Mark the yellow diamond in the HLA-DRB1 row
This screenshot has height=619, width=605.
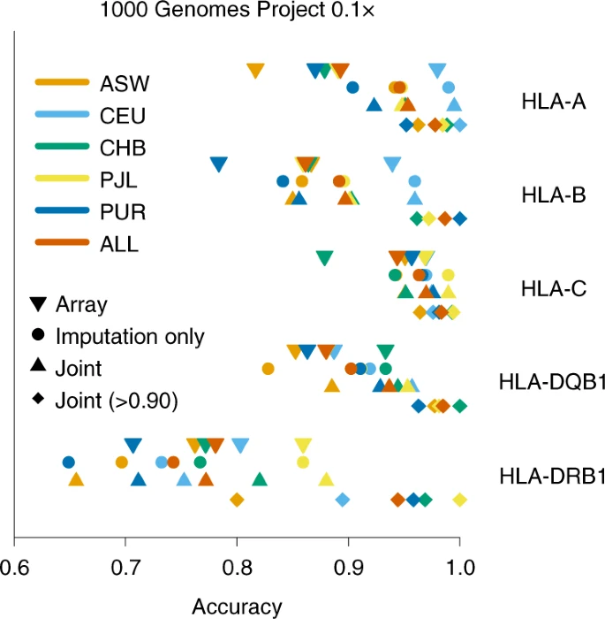[459, 501]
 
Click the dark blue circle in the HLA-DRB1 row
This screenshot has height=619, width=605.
[68, 462]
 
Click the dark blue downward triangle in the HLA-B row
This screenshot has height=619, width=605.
[219, 164]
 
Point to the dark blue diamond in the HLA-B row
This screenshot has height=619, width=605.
[459, 218]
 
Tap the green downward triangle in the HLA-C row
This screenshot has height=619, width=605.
[324, 257]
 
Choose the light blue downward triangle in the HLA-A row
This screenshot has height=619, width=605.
[436, 71]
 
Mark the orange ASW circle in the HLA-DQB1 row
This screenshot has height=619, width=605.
[268, 368]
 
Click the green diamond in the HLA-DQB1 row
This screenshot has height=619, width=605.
[459, 406]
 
